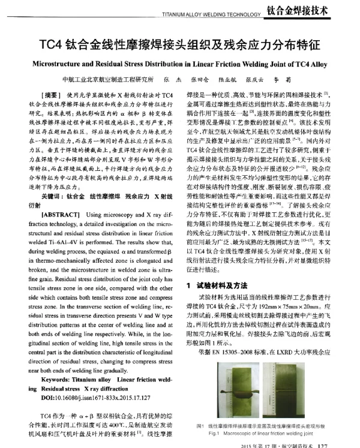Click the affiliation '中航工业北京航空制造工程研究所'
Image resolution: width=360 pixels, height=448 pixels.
[111, 80]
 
